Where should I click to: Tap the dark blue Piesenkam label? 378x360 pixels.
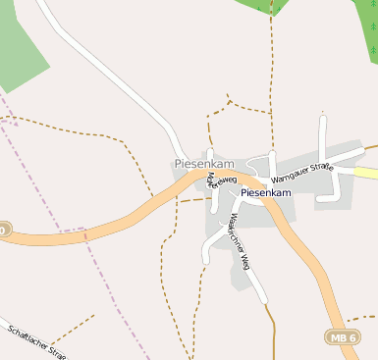point(267,193)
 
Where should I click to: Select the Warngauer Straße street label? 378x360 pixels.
point(303,173)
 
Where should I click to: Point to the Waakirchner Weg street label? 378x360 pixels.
point(240,235)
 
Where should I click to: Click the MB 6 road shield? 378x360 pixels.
point(341,336)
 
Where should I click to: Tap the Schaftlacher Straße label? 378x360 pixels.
point(34,342)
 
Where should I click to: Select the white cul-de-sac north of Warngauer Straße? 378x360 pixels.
point(322,137)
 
